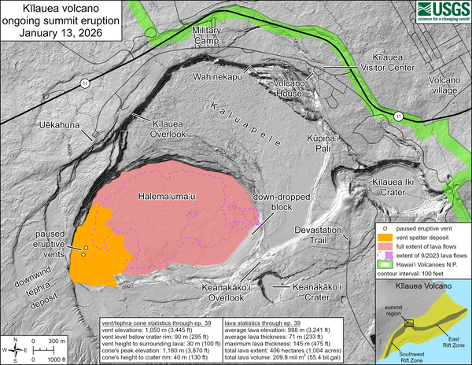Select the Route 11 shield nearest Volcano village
click(399, 116)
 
